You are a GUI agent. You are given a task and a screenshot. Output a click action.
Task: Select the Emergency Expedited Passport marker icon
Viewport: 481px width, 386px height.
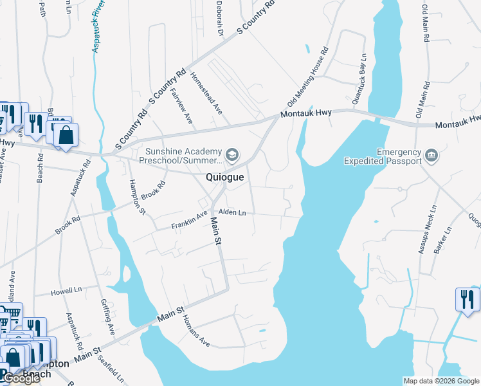(431, 155)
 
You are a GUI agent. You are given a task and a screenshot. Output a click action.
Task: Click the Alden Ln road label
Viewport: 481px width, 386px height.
(232, 212)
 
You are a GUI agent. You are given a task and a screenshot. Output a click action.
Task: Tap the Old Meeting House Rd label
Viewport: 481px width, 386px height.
(309, 76)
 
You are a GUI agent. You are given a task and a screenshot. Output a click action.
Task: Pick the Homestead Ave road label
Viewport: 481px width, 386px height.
(206, 94)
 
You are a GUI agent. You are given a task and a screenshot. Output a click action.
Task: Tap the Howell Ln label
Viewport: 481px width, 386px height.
(67, 291)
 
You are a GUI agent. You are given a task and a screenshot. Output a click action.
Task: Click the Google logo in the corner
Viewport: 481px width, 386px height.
(21, 378)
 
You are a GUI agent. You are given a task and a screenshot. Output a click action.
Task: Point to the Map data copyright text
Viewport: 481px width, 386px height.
(440, 381)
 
